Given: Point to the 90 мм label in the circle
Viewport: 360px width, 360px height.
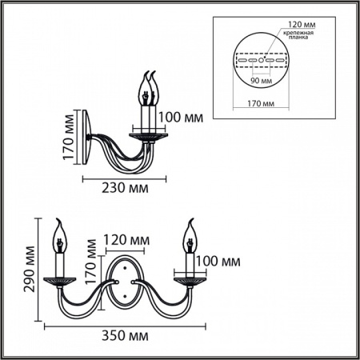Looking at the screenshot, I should tap(258, 81).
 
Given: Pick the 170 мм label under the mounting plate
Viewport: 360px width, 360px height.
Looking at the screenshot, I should tap(256, 104).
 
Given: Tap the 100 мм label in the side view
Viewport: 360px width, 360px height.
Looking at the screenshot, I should tap(180, 118).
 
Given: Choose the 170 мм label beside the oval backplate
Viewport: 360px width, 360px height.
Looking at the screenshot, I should tap(93, 277).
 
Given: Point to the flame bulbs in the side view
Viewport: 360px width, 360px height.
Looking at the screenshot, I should tap(148, 86).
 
